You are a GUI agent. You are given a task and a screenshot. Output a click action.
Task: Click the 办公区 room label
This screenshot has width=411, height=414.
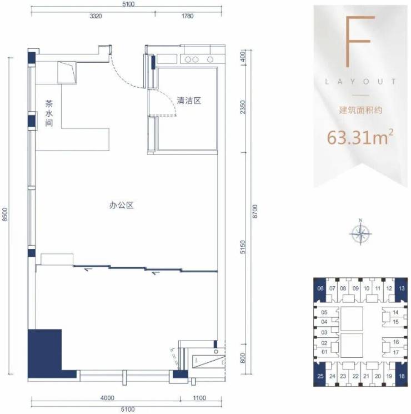122,205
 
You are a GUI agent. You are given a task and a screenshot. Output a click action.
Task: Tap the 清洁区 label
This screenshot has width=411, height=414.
189,101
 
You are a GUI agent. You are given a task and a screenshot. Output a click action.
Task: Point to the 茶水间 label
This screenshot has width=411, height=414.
49,113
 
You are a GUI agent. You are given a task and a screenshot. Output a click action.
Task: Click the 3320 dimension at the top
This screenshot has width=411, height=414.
96,16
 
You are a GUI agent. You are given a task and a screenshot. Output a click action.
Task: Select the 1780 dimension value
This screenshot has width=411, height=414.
187,16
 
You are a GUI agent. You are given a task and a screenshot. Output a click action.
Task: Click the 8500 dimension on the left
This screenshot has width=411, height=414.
5,215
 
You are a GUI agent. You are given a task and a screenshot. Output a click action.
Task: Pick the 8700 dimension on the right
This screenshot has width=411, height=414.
255,212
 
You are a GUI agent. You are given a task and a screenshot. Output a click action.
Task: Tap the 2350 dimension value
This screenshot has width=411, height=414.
243,107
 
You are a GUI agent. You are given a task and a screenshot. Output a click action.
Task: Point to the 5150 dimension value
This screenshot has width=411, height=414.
243,247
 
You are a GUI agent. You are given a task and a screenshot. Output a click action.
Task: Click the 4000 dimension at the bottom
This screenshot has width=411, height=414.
107,398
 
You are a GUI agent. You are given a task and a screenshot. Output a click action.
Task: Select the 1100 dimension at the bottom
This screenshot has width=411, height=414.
199,398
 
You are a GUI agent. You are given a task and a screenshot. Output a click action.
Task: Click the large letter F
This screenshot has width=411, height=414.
360,42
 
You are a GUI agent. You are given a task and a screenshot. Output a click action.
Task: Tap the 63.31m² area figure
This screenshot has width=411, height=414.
360,137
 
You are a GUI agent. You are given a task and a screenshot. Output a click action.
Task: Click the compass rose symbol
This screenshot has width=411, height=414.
360,233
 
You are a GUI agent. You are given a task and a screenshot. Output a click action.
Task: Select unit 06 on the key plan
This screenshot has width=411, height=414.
320,288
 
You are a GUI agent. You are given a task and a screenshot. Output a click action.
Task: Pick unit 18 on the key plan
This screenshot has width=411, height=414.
402,376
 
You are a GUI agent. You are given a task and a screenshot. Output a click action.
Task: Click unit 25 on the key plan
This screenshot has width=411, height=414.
320,376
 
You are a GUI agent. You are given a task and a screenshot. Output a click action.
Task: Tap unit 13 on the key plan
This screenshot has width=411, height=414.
402,288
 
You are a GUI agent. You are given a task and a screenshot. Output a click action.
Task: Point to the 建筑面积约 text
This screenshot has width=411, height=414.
360,110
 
